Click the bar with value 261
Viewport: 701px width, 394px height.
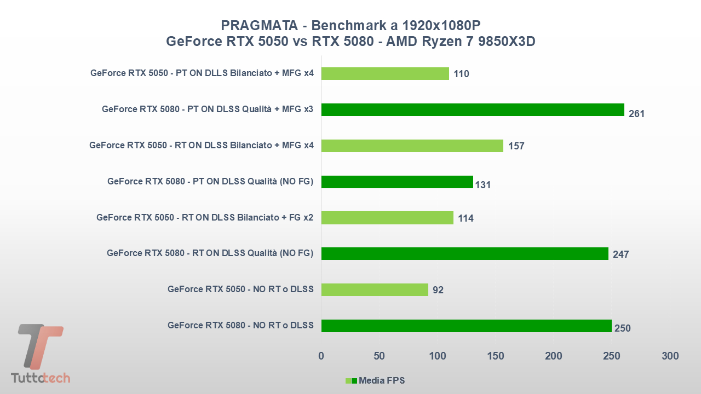(x=472, y=109)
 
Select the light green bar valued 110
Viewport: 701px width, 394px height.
(x=384, y=73)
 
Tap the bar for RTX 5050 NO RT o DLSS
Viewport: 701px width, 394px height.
(x=374, y=289)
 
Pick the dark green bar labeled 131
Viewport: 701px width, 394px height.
(x=397, y=182)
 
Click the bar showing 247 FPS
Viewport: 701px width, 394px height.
(x=464, y=253)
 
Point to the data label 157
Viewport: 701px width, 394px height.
(x=516, y=146)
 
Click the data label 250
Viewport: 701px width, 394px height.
(x=622, y=328)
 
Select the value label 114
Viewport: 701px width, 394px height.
(x=466, y=218)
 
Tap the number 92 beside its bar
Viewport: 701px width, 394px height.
(x=438, y=290)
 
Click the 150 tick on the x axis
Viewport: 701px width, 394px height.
(x=495, y=356)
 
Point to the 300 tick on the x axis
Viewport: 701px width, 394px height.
(x=670, y=356)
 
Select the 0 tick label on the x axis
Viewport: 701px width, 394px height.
(x=321, y=356)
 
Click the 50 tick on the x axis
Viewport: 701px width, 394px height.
(x=379, y=356)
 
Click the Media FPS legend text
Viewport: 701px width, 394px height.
(x=381, y=380)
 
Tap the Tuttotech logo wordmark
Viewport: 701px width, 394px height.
(x=41, y=378)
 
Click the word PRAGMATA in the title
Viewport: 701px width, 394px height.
(x=260, y=25)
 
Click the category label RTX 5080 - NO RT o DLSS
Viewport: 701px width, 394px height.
(x=240, y=325)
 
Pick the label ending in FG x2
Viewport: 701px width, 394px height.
(x=204, y=217)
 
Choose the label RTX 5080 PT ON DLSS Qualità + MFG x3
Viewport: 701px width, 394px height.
(x=207, y=109)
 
